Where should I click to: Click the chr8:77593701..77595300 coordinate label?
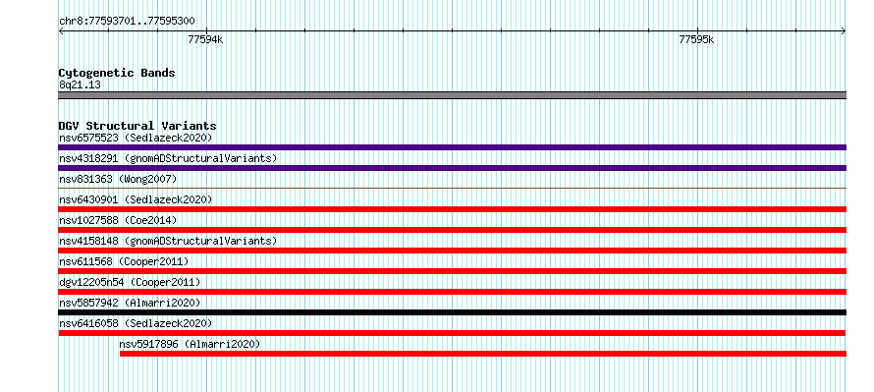(127, 22)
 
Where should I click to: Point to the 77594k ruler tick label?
(205, 39)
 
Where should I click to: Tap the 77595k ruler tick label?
(697, 39)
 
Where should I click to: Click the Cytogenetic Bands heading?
(117, 73)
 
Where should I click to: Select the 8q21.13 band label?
(80, 85)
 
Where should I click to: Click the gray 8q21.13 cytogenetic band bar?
(452, 95)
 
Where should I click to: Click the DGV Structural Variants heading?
(137, 126)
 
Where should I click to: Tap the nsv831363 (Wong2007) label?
(118, 179)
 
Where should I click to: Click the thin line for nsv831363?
(452, 189)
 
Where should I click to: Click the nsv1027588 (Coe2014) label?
(118, 220)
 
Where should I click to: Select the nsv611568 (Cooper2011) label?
(124, 261)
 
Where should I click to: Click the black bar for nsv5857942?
(452, 312)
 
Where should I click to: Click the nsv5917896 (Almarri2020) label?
(190, 344)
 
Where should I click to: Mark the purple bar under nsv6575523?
(452, 147)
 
